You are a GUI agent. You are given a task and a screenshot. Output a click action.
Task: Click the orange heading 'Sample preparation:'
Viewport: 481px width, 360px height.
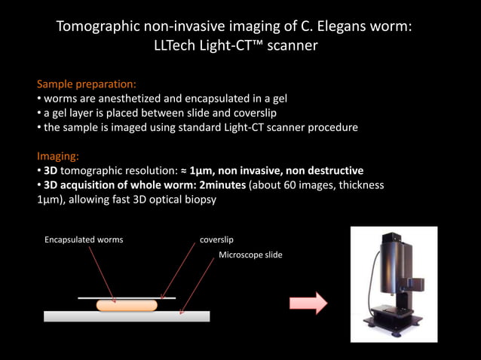click(86, 84)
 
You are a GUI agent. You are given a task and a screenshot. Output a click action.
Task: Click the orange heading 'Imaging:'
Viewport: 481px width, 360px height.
click(58, 156)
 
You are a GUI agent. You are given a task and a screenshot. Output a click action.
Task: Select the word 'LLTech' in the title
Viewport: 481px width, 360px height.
click(177, 46)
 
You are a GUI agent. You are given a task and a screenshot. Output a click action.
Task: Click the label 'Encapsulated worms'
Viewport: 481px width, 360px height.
click(84, 239)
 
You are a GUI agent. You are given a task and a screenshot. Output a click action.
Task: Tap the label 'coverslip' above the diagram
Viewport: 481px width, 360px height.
click(216, 239)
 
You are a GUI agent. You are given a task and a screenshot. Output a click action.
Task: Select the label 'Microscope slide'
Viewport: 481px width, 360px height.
click(250, 255)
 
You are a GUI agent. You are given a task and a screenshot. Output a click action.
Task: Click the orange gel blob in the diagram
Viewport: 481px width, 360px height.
click(127, 306)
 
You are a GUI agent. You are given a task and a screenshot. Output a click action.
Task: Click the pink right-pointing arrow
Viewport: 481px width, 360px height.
click(308, 304)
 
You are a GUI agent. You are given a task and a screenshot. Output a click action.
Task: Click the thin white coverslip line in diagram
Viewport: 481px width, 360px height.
click(127, 298)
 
